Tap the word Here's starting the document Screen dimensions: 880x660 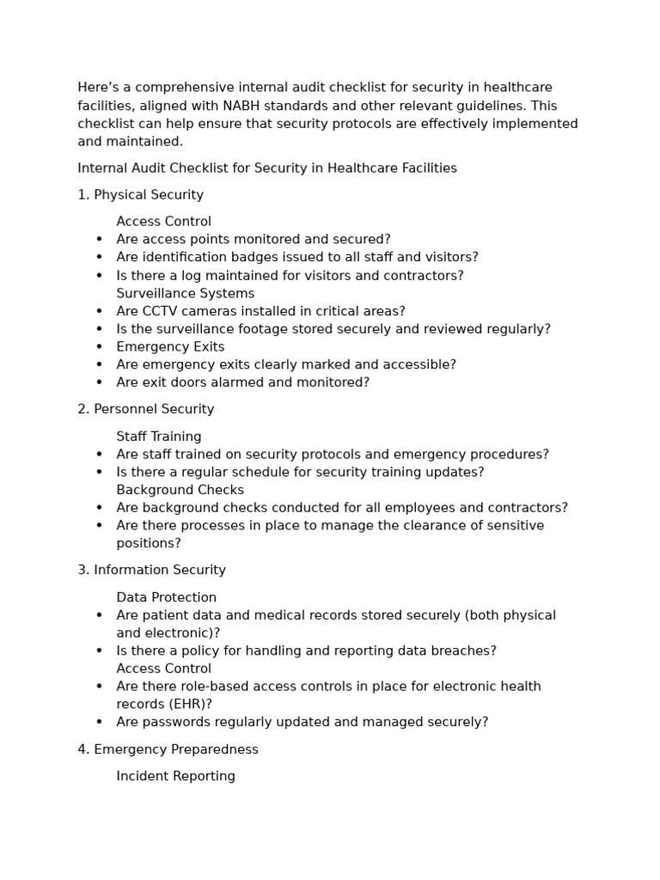coord(99,88)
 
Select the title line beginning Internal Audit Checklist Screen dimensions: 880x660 coord(266,168)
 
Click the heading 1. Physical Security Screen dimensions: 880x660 coord(140,195)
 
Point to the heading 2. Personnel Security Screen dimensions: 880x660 coord(145,409)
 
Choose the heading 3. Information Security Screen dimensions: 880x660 coord(151,570)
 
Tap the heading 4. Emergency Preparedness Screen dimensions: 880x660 coord(168,749)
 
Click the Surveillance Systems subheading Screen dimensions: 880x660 coord(185,293)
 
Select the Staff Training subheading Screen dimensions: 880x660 coord(159,437)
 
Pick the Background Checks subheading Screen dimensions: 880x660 coord(180,490)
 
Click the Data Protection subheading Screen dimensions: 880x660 coord(166,597)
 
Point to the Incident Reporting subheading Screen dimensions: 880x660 coord(175,776)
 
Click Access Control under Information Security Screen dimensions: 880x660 coord(163,669)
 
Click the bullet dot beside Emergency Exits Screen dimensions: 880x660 coord(99,347)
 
